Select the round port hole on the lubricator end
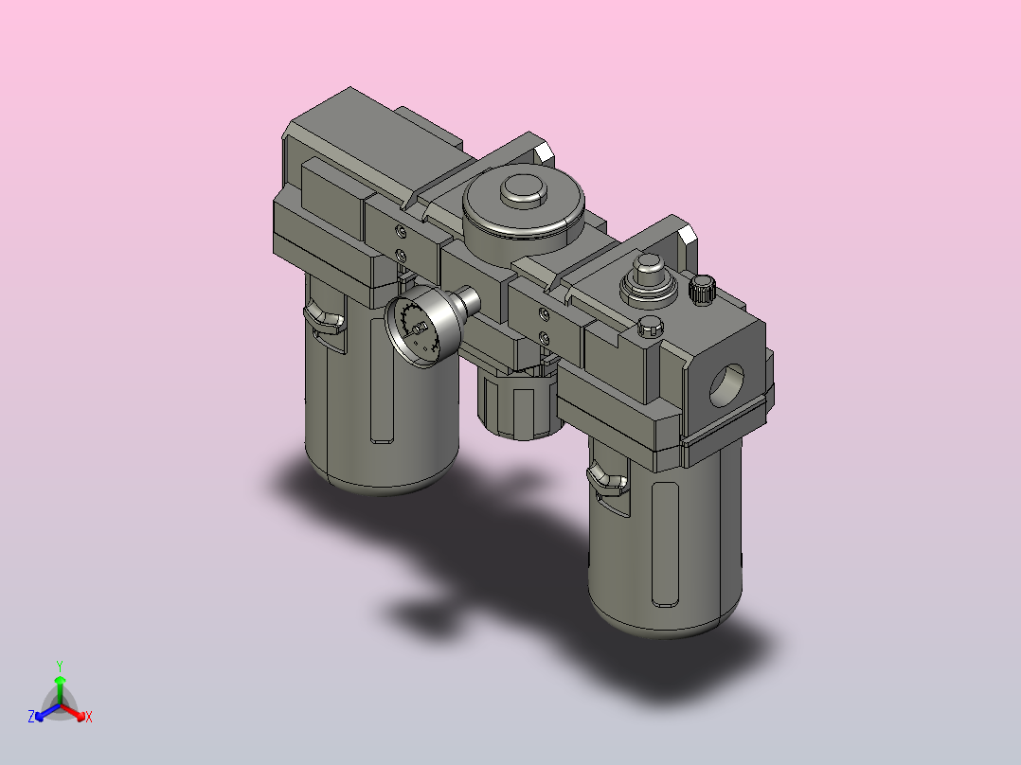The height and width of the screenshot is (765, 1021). pos(726,384)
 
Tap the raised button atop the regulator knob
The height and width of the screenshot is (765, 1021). pos(522,190)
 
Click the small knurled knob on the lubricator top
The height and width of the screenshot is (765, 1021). pos(702,290)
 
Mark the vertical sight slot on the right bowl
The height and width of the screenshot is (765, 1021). pos(666,544)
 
